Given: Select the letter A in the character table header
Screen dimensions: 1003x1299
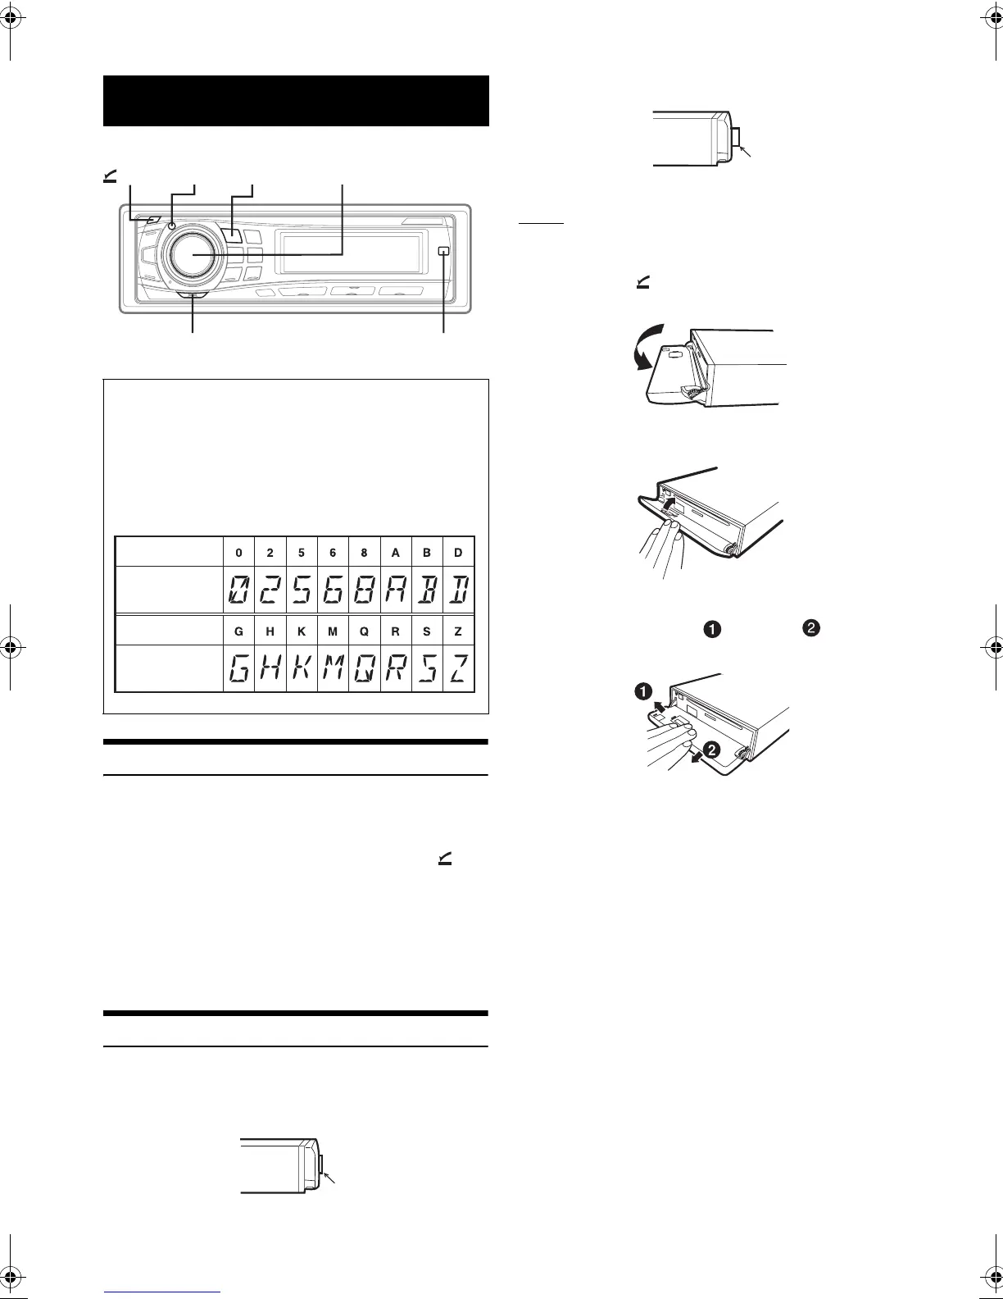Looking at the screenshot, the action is pyautogui.click(x=396, y=553).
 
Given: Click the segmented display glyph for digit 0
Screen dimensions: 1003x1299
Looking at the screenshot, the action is pyautogui.click(x=238, y=590).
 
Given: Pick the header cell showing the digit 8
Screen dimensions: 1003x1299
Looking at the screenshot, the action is pyautogui.click(x=364, y=553).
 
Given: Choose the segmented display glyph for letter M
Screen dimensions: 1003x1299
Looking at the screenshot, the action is pyautogui.click(x=333, y=669).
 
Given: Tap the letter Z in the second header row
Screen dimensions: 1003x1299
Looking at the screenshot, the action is pyautogui.click(x=458, y=632).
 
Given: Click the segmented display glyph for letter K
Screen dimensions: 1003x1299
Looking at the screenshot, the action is pyautogui.click(x=302, y=669).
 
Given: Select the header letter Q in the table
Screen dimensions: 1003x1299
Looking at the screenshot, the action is pyautogui.click(x=364, y=632).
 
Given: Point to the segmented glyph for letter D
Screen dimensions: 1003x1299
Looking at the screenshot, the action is pyautogui.click(x=457, y=590).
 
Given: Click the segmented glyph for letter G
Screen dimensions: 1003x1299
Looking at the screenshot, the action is pyautogui.click(x=238, y=669).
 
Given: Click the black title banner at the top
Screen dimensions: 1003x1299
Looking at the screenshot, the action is pyautogui.click(x=296, y=101).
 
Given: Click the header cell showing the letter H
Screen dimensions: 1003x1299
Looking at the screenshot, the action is pyautogui.click(x=270, y=632).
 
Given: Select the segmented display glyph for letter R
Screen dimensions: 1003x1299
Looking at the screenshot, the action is pyautogui.click(x=395, y=669).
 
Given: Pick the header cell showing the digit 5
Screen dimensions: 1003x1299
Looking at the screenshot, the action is pyautogui.click(x=302, y=553).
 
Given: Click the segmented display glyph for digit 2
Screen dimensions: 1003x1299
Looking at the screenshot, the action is pyautogui.click(x=270, y=590).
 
